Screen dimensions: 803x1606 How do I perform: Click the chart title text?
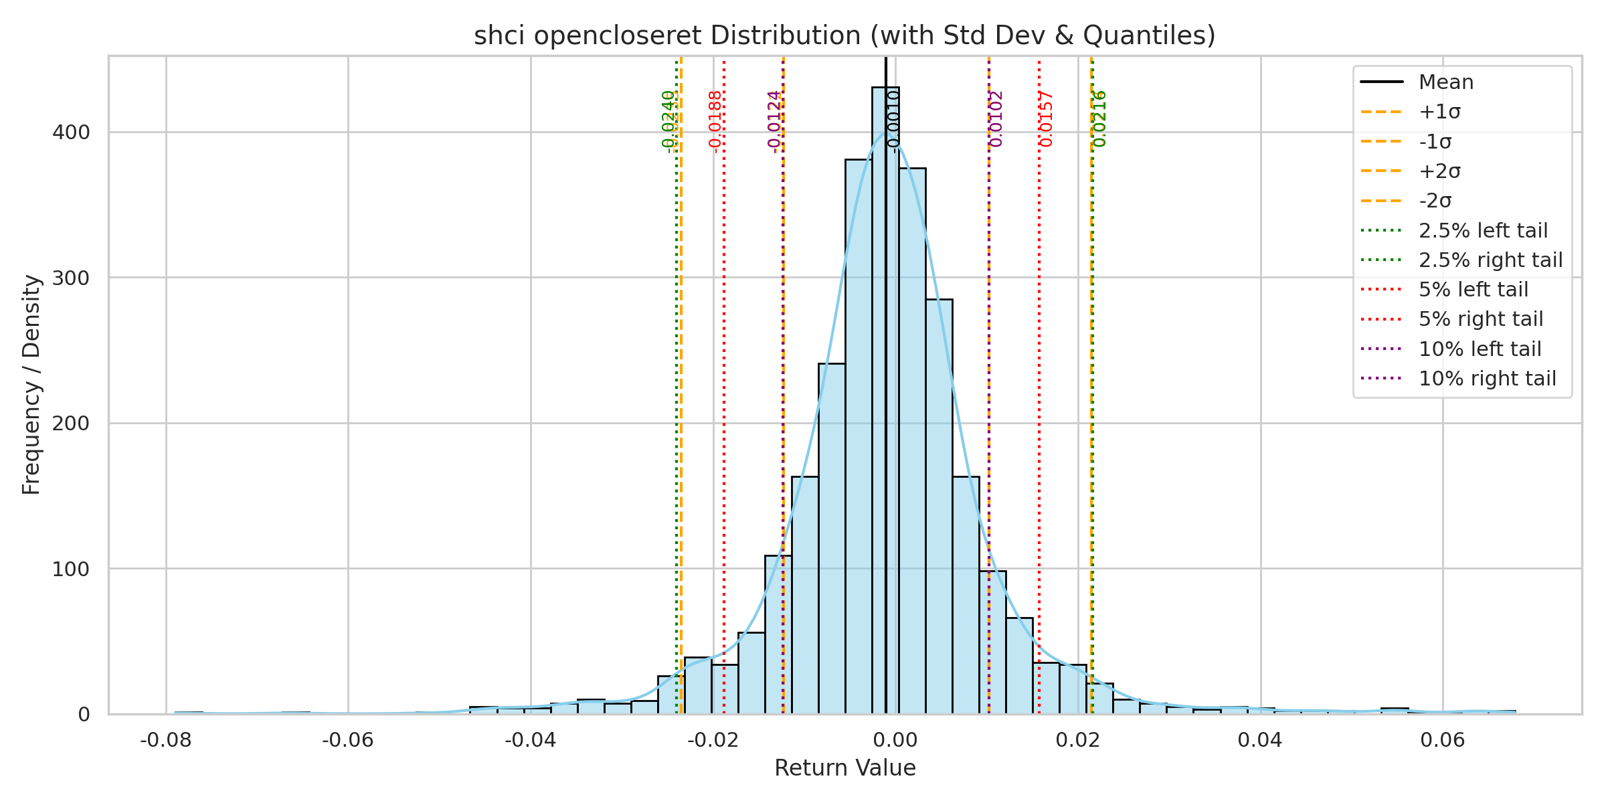844,35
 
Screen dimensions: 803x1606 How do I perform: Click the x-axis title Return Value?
844,768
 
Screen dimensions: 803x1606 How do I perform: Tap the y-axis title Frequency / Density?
31,385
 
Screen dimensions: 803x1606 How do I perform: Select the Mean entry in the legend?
1445,82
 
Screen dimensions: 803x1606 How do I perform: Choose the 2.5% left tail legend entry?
1482,231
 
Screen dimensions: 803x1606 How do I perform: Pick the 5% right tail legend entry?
1480,319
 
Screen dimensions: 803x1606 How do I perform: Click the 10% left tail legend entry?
1480,349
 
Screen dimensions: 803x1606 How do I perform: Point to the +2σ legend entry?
1439,171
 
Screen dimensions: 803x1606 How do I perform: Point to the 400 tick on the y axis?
71,132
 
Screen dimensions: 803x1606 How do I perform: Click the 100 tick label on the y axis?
71,569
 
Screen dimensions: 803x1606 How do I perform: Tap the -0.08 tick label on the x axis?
165,740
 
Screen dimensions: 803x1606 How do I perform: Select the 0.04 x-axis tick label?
1260,740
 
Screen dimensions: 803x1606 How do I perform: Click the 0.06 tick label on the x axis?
1443,740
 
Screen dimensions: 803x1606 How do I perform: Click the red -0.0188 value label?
715,122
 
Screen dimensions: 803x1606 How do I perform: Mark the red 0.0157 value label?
1047,119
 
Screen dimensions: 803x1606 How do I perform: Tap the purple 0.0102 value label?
996,119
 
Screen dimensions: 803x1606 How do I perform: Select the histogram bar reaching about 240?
832,535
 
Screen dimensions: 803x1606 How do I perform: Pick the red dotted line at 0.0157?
1039,401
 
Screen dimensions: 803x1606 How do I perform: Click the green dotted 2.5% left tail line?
677,401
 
